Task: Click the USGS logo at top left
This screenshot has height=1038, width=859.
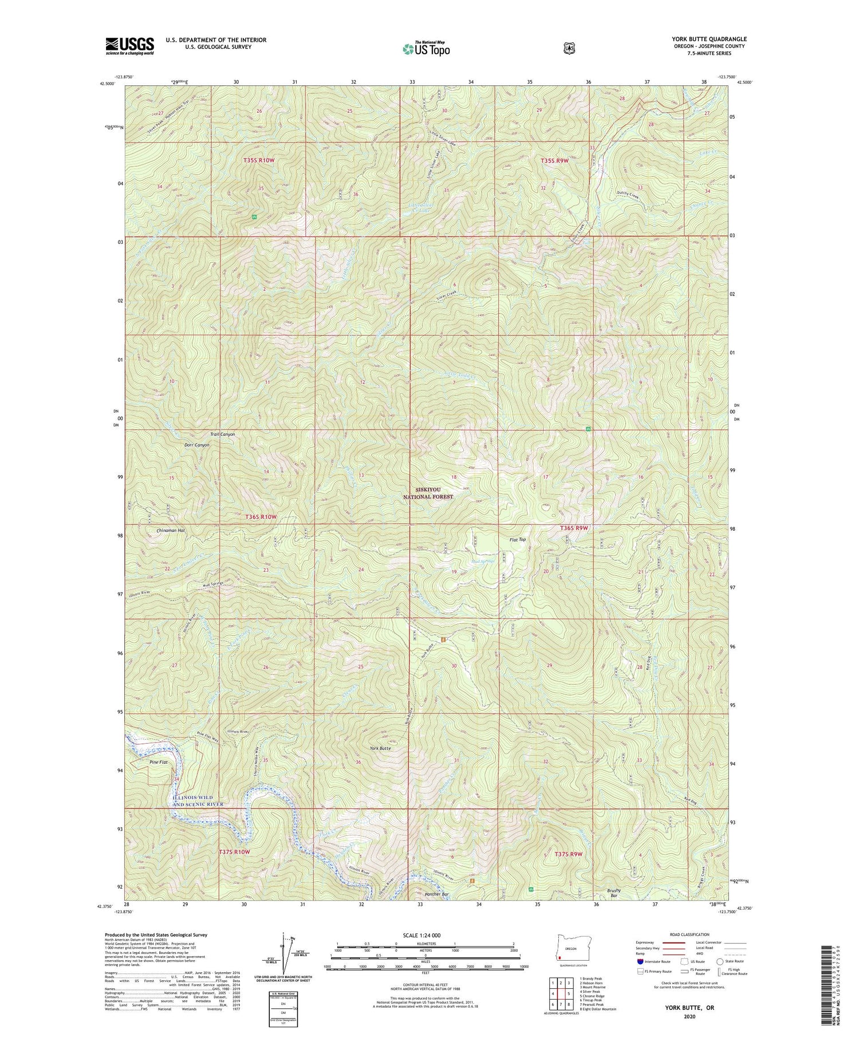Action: click(x=129, y=46)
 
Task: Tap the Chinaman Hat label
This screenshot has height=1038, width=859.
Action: click(x=171, y=531)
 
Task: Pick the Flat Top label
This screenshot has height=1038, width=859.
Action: click(x=517, y=539)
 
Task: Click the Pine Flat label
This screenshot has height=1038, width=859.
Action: click(x=159, y=763)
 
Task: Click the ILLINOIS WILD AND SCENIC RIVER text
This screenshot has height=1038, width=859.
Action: click(x=198, y=800)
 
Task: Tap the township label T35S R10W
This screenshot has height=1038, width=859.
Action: click(x=258, y=161)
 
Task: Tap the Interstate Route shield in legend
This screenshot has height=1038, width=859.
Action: click(x=640, y=961)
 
